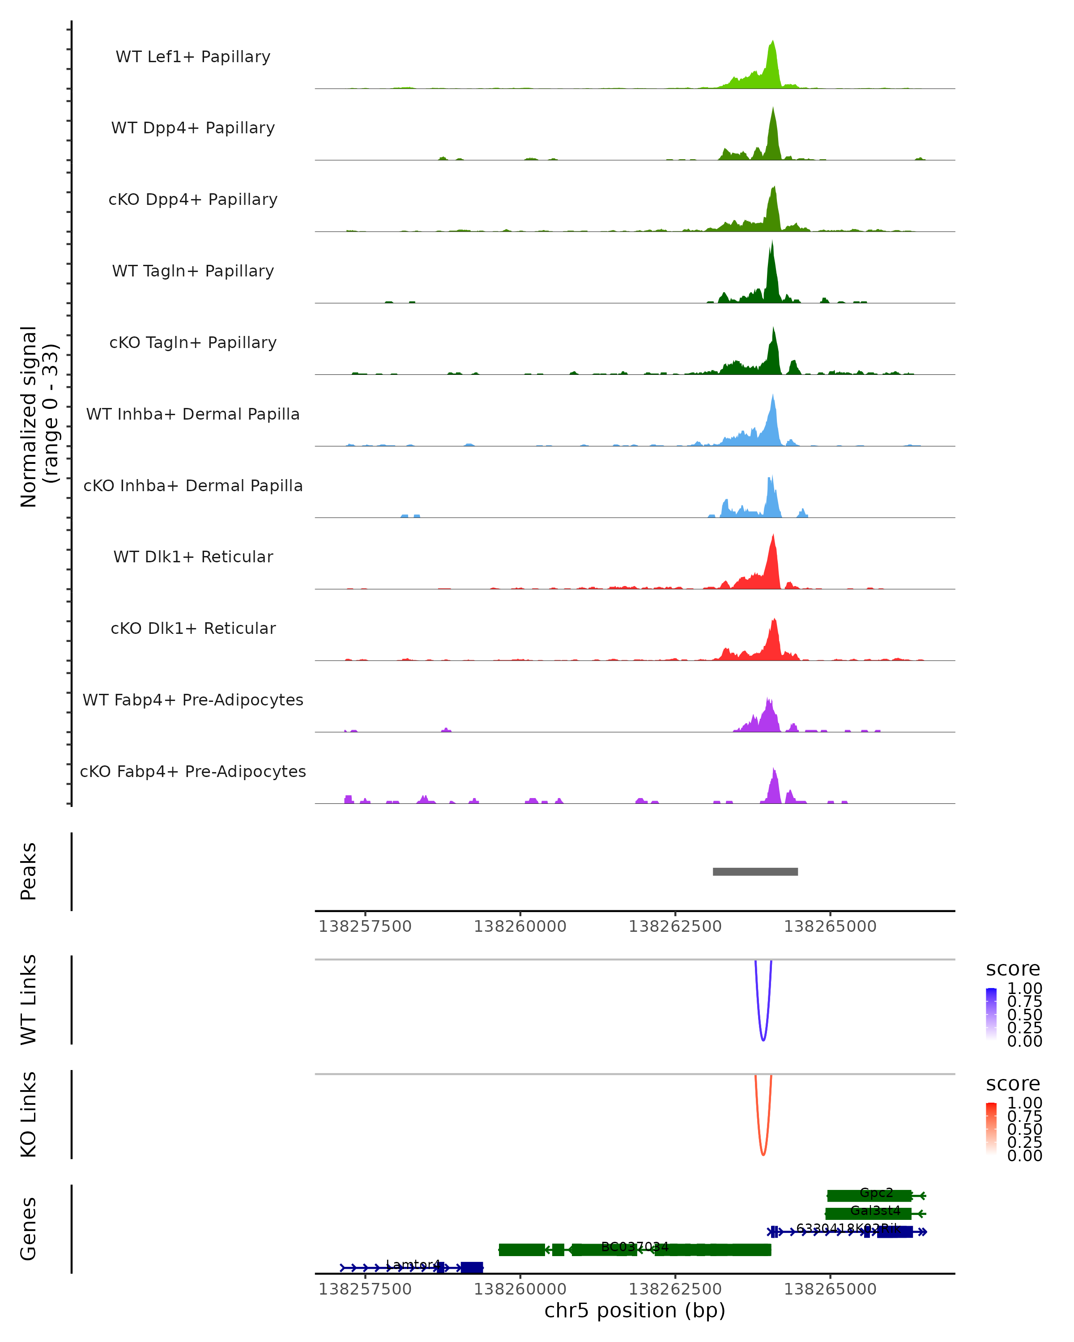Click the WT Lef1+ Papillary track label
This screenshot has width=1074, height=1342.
(x=193, y=57)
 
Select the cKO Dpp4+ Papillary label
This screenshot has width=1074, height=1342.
(x=193, y=200)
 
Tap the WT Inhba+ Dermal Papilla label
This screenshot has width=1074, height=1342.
(x=193, y=415)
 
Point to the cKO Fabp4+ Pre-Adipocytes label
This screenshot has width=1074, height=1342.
(x=193, y=772)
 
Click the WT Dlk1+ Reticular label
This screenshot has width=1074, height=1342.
(x=193, y=557)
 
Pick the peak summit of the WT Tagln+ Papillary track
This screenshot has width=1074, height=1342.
(x=772, y=242)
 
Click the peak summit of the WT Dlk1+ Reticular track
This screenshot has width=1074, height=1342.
(x=773, y=535)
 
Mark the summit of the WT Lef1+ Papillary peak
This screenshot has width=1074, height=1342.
(x=773, y=42)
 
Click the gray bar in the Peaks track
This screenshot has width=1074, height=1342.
(x=755, y=871)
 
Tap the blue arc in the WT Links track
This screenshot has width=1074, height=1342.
(x=763, y=1040)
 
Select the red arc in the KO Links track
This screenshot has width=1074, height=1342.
(x=763, y=1155)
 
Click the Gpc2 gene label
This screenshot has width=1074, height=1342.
(x=876, y=1193)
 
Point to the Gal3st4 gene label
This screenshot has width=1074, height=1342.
(x=875, y=1210)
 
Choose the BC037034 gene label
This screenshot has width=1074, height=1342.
(x=635, y=1247)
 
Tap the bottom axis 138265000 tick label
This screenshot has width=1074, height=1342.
(x=830, y=1289)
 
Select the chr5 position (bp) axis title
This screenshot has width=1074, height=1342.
(x=635, y=1311)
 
